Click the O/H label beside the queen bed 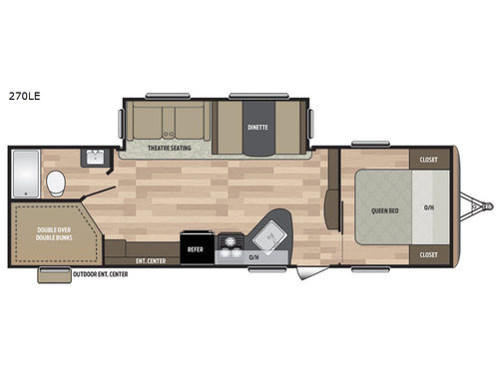[x=429, y=208]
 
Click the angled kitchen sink [x=267, y=236]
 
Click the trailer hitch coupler [x=486, y=206]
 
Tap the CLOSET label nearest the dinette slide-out [x=428, y=159]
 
